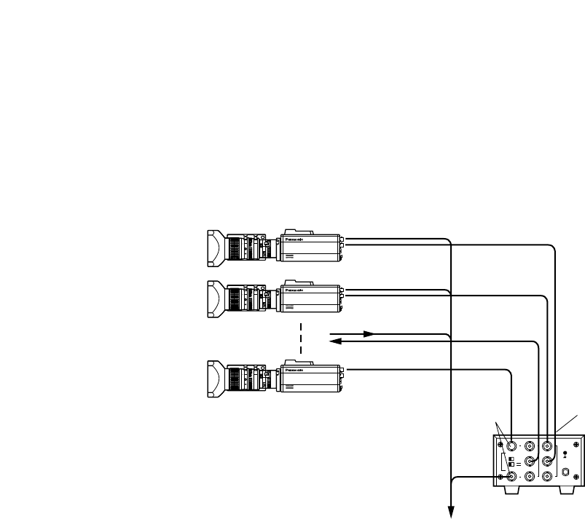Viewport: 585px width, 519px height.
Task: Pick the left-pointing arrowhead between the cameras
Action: pyautogui.click(x=337, y=340)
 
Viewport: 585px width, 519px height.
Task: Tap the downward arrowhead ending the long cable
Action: pyautogui.click(x=451, y=512)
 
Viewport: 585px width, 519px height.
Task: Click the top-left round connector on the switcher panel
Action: pyautogui.click(x=512, y=446)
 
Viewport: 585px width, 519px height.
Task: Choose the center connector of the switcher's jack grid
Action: pyautogui.click(x=530, y=461)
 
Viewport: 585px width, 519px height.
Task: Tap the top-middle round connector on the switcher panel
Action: pyautogui.click(x=530, y=446)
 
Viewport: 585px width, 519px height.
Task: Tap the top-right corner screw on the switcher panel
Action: pyautogui.click(x=576, y=445)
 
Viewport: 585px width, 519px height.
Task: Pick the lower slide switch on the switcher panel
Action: pyautogui.click(x=512, y=464)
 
